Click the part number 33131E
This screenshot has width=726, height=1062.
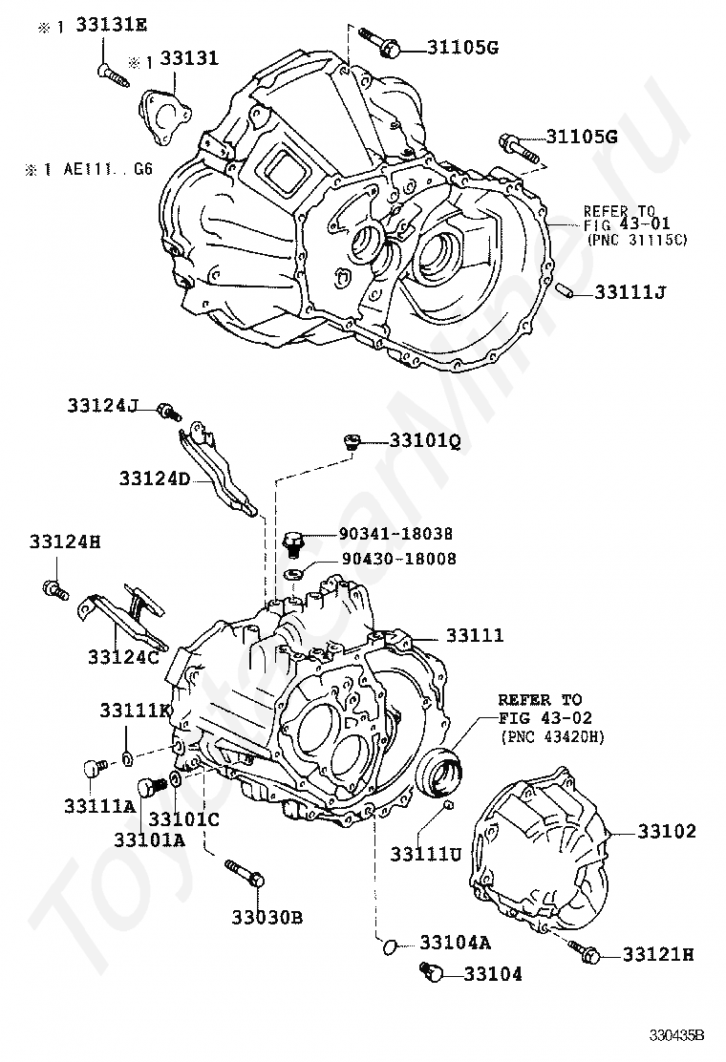tap(111, 25)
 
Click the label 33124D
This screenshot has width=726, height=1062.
tap(155, 478)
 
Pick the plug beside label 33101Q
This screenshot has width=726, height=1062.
tap(351, 441)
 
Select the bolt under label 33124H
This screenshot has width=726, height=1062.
tap(55, 589)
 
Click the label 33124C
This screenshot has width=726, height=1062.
tap(123, 657)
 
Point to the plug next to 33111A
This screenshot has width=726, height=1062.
tap(96, 768)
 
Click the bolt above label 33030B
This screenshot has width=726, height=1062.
tap(244, 872)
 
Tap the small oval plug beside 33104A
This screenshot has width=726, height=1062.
tap(388, 946)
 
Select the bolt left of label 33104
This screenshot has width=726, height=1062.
tap(432, 972)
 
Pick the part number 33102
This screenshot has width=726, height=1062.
tap(667, 830)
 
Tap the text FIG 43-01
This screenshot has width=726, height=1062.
tap(627, 224)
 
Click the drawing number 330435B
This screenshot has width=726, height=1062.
tap(677, 1035)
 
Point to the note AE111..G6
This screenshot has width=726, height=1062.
tap(108, 169)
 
